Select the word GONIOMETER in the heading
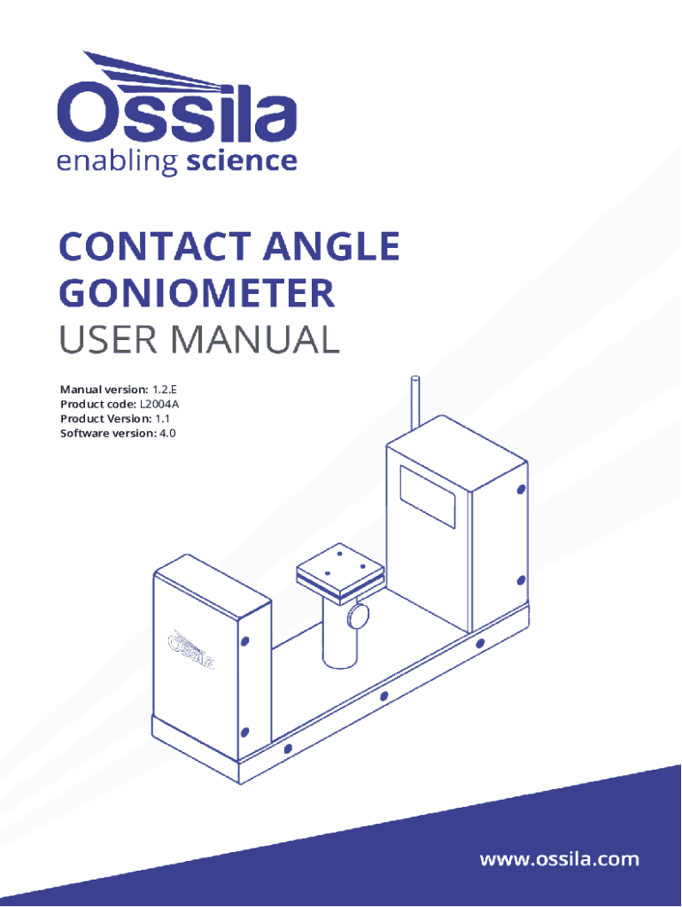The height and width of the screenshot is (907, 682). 198,293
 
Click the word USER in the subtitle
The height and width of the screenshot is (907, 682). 108,339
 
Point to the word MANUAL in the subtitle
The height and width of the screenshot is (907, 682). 256,339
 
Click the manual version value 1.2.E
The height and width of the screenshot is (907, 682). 164,390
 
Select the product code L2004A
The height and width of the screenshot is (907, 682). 159,404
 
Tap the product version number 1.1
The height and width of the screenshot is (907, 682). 163,419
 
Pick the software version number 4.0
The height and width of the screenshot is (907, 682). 167,433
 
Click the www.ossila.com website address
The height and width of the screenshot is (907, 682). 560,859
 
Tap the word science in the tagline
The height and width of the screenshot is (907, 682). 242,161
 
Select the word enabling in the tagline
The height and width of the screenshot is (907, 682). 118,163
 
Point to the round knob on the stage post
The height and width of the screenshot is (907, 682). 358,616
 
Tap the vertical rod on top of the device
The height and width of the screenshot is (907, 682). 415,403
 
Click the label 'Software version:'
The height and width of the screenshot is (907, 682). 108,433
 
